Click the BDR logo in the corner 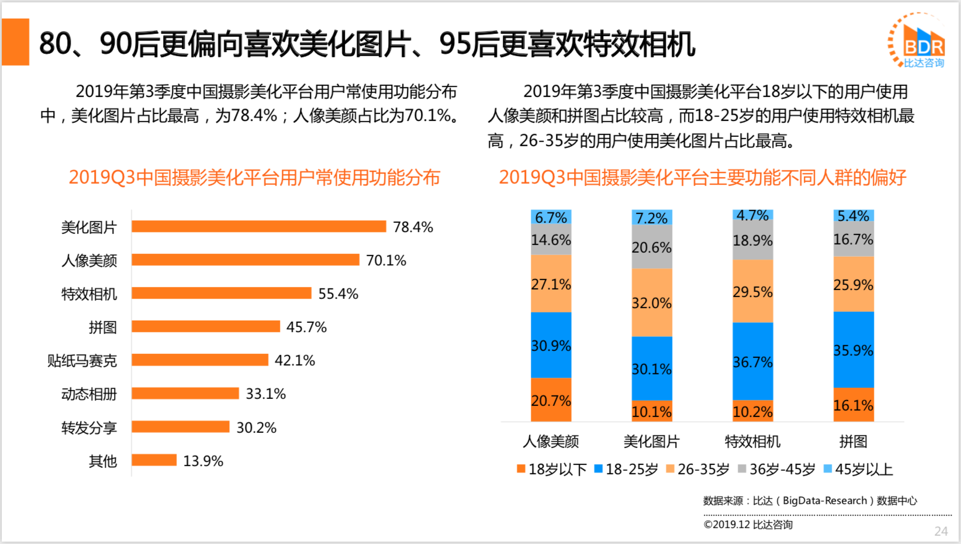pos(917,40)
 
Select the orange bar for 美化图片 pos(258,226)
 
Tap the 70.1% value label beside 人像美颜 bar pos(386,260)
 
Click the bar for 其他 pos(154,460)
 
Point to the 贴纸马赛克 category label pos(82,360)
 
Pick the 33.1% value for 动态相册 pos(265,394)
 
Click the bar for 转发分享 pos(180,427)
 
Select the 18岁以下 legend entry pos(552,469)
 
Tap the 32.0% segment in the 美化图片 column pos(651,302)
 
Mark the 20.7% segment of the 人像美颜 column pos(551,400)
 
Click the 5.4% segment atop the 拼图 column pos(853,216)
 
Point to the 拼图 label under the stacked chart pos(853,441)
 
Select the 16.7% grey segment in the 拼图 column pos(853,239)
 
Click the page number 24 pos(941,531)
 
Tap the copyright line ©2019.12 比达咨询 pos(748,525)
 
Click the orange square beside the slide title pos(16,42)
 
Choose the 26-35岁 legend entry pos(698,469)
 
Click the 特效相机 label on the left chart pos(89,294)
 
